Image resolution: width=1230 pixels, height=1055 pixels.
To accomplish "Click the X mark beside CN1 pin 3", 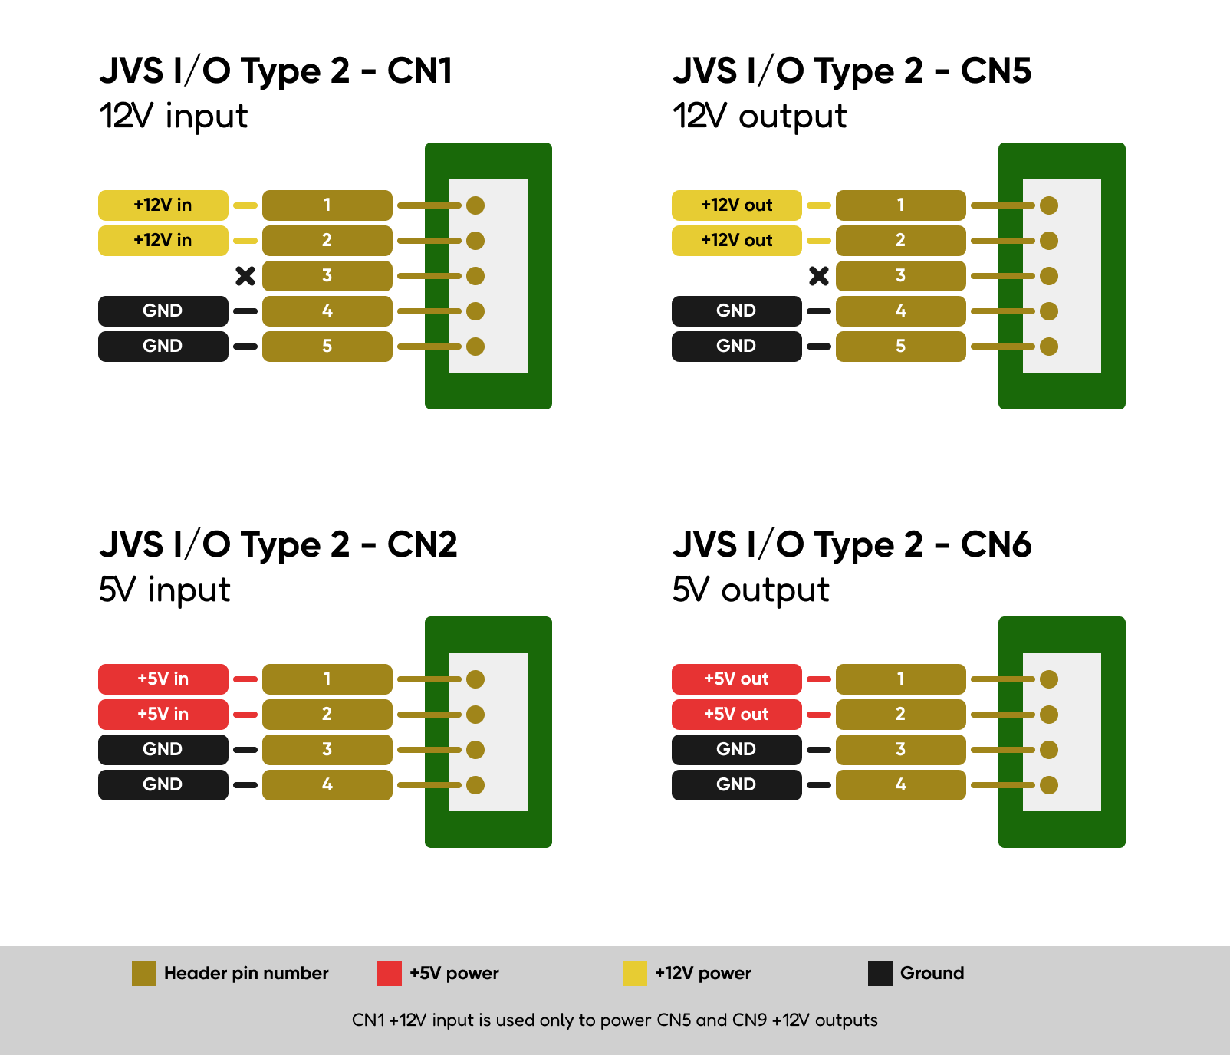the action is point(245,276).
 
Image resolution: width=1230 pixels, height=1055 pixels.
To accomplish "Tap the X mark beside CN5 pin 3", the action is point(819,276).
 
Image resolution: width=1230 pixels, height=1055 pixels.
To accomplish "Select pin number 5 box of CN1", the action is point(327,347).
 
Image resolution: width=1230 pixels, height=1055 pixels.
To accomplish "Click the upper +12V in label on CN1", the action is point(163,205).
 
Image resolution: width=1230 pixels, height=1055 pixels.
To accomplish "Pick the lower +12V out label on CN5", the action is point(737,241).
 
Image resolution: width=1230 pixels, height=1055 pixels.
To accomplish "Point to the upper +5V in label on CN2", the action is point(163,679).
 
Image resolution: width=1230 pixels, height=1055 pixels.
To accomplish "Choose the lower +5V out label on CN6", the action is point(737,715).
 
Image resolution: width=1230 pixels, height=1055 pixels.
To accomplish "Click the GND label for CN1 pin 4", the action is point(163,311).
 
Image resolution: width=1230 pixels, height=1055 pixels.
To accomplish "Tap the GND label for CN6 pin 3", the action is point(737,750).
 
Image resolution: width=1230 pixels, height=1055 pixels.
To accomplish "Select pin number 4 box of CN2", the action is point(327,785).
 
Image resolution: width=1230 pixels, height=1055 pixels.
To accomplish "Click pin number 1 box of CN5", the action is point(901,205).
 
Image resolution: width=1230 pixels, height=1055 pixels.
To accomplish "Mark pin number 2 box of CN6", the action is point(901,715).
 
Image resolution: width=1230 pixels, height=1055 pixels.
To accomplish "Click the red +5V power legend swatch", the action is point(390,974).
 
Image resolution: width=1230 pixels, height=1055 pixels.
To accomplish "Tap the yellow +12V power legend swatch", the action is point(635,974).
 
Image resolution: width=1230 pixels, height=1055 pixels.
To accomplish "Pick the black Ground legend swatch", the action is point(880,974).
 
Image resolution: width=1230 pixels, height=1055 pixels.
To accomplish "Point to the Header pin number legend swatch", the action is point(144,974).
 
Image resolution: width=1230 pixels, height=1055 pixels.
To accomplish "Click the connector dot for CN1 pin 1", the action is point(475,205).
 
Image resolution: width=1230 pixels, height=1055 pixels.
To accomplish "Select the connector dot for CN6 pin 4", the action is point(1049,785).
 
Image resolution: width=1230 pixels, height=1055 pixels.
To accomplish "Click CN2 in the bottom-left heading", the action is point(423,545).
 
